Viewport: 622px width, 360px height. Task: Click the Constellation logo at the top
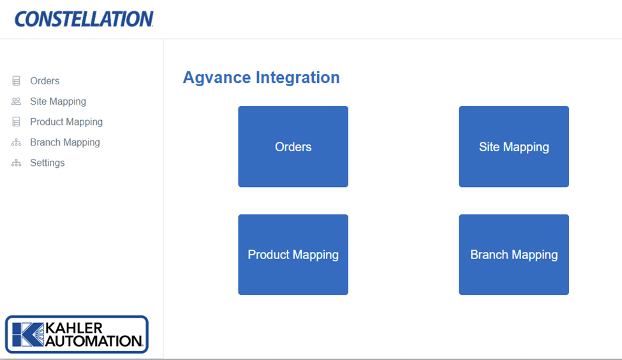coord(84,19)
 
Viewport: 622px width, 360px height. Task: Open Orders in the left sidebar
coord(45,81)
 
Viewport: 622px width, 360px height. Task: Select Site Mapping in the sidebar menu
coord(57,101)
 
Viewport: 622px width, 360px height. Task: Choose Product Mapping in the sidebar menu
coord(66,122)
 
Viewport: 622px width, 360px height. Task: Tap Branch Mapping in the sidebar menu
coord(64,142)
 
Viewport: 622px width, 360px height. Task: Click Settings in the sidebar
coord(47,163)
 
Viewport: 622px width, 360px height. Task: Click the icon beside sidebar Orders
coord(17,81)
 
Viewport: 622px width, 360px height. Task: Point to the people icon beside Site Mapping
coord(17,101)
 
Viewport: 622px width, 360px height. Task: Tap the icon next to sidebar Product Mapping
coord(17,122)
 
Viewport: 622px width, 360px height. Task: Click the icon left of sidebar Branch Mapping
coord(17,142)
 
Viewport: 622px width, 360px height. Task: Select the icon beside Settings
coord(17,163)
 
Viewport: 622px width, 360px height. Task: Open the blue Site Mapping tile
coord(514,147)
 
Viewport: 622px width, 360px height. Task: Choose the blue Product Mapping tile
coord(293,255)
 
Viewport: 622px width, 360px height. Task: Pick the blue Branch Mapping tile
coord(514,255)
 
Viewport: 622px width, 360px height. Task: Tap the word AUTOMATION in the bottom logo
coord(94,341)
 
